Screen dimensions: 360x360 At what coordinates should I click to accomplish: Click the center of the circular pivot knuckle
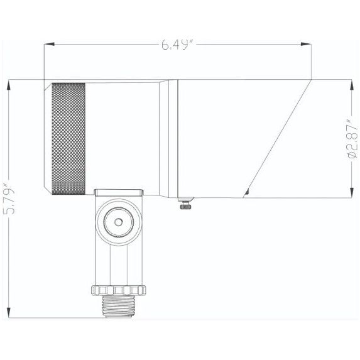(x=117, y=222)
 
